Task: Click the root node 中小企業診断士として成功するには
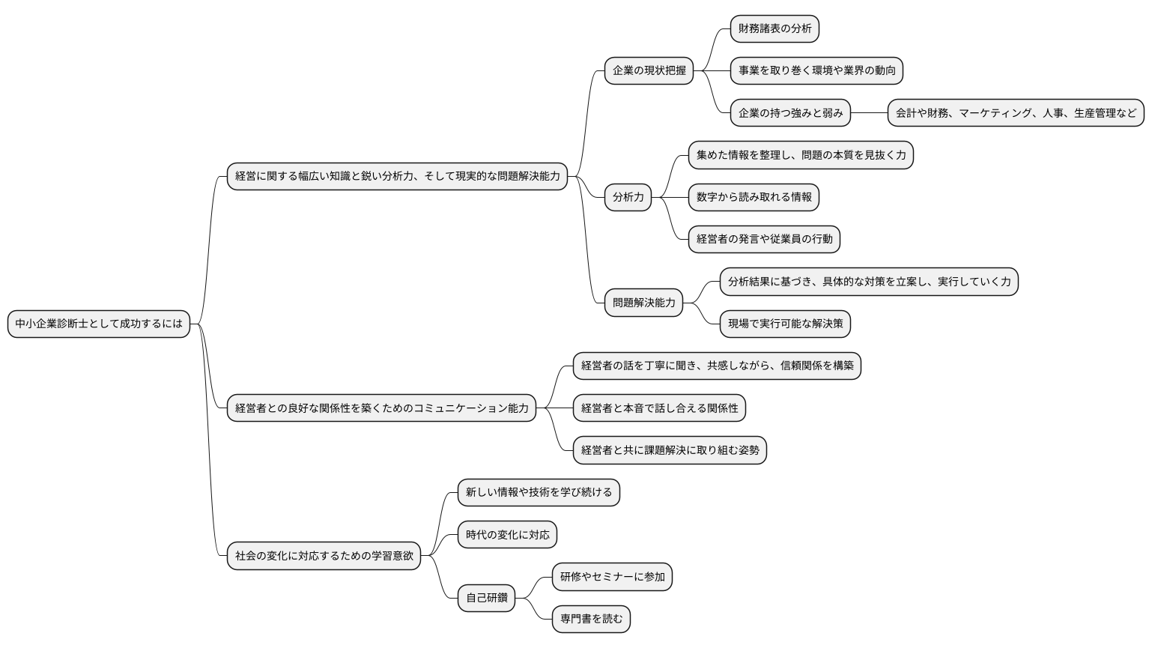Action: point(99,324)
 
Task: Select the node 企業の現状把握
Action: point(649,70)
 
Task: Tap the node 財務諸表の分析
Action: point(774,28)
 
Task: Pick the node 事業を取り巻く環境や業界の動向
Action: point(816,70)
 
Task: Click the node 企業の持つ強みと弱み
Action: point(790,113)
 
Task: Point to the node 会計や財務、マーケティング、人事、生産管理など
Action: point(1016,113)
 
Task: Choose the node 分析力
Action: point(628,197)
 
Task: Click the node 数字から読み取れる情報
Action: point(754,197)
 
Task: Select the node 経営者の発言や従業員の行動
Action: point(764,239)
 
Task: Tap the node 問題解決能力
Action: point(643,303)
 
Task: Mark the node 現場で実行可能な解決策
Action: point(785,324)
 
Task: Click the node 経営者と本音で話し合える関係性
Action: point(659,408)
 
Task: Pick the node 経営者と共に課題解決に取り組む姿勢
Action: point(670,450)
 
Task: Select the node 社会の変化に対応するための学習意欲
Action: point(324,556)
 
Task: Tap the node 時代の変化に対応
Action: point(507,535)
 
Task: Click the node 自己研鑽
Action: point(486,598)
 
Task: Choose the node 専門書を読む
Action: point(591,619)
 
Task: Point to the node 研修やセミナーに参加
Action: point(612,577)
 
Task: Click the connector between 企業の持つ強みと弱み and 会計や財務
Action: point(869,113)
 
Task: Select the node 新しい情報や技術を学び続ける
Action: point(539,492)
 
